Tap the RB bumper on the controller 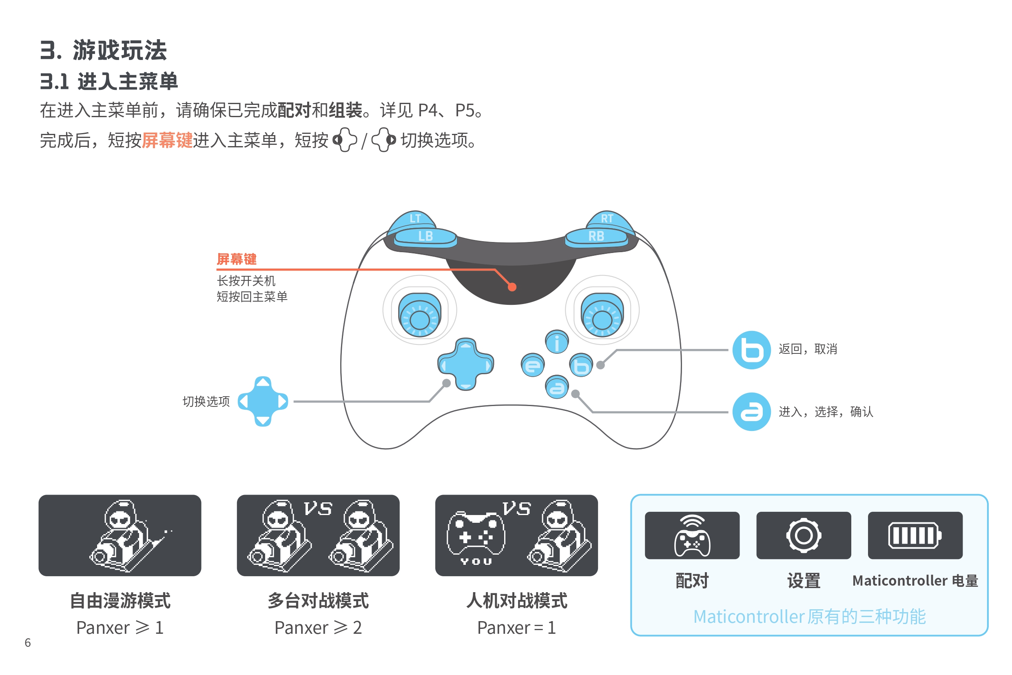coord(596,236)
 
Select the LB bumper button coord(425,236)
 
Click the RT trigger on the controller coord(607,219)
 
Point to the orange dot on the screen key coord(512,287)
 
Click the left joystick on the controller coord(419,315)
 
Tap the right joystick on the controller coord(602,315)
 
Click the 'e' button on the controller coord(533,366)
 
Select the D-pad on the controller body coord(465,364)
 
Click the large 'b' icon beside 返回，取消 coord(752,350)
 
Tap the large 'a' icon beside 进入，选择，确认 coord(752,412)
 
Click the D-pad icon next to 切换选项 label coord(263,402)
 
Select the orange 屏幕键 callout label coord(237,259)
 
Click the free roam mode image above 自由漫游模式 coord(120,535)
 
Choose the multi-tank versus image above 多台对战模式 coord(318,535)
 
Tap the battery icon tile coord(915,535)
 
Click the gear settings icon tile coord(804,535)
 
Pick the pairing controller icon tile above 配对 coord(692,535)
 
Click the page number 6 coord(28,643)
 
